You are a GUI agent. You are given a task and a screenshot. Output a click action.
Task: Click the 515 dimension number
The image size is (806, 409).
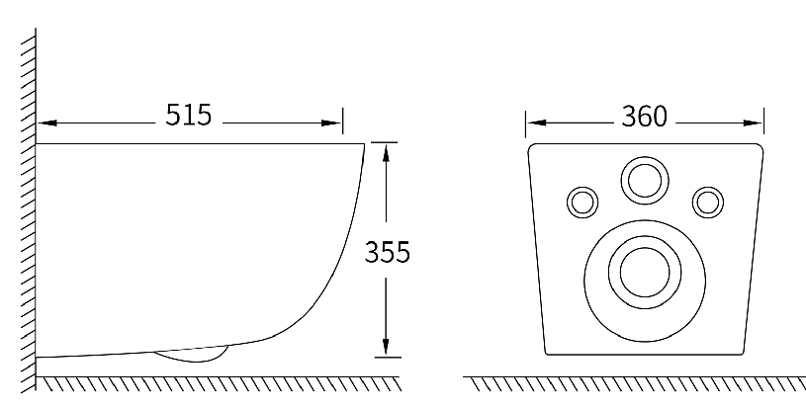[x=188, y=115]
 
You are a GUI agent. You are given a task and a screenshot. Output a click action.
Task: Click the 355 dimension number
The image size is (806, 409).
[x=387, y=253]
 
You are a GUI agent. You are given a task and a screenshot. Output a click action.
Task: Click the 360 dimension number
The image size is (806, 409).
[x=644, y=117]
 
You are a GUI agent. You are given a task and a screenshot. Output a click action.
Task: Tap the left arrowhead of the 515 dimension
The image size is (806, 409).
[x=47, y=123]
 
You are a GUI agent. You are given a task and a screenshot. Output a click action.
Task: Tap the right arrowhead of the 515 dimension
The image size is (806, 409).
[x=331, y=123]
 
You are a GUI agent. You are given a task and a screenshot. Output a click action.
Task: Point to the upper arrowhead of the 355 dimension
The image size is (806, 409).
[x=386, y=152]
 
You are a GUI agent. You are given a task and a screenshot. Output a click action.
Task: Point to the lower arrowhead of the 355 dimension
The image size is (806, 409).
[x=386, y=347]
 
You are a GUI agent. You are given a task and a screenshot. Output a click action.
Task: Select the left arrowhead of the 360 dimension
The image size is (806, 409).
[x=537, y=123]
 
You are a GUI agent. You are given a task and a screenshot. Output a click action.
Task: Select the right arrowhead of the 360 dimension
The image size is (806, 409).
[x=753, y=123]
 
